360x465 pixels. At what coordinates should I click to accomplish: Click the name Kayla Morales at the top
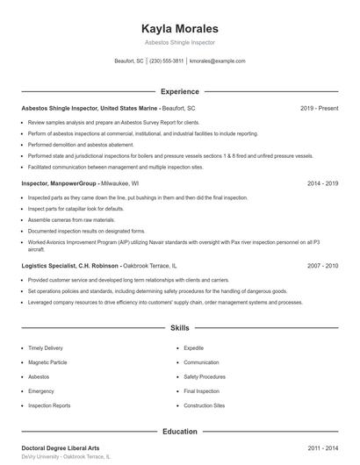pyautogui.click(x=179, y=28)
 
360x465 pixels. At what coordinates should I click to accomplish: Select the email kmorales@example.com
pyautogui.click(x=217, y=61)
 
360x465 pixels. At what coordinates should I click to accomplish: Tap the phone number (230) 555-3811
pyautogui.click(x=167, y=61)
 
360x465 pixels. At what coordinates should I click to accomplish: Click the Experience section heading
pyautogui.click(x=179, y=91)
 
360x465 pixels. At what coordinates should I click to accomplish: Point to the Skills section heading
pyautogui.click(x=179, y=328)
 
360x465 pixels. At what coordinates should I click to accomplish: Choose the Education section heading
pyautogui.click(x=179, y=432)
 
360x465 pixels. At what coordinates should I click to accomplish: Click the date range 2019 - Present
pyautogui.click(x=319, y=108)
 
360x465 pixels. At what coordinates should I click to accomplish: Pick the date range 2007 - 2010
pyautogui.click(x=323, y=265)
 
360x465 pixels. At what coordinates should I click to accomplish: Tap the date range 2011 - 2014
pyautogui.click(x=323, y=448)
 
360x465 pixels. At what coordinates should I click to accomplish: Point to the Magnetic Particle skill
pyautogui.click(x=48, y=362)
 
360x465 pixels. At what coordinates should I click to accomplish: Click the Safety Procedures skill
pyautogui.click(x=205, y=376)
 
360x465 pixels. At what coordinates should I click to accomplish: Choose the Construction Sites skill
pyautogui.click(x=205, y=405)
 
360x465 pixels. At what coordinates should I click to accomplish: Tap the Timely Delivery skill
pyautogui.click(x=46, y=347)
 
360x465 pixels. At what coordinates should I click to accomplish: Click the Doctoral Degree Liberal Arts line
pyautogui.click(x=60, y=448)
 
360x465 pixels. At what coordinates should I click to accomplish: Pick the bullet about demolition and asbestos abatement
pyautogui.click(x=82, y=145)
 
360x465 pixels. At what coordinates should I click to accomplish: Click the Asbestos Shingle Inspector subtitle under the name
pyautogui.click(x=179, y=42)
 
